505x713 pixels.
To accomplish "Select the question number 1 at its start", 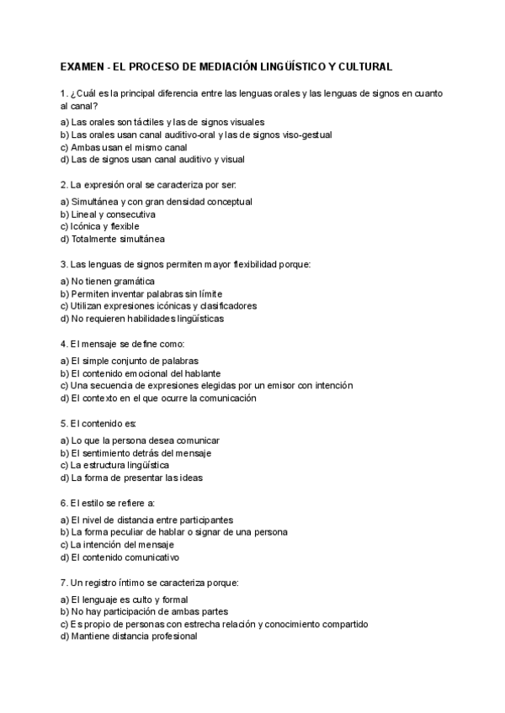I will (x=64, y=92).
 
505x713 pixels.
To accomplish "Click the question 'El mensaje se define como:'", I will (x=122, y=345).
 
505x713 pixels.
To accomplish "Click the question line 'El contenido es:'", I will (x=98, y=424).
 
